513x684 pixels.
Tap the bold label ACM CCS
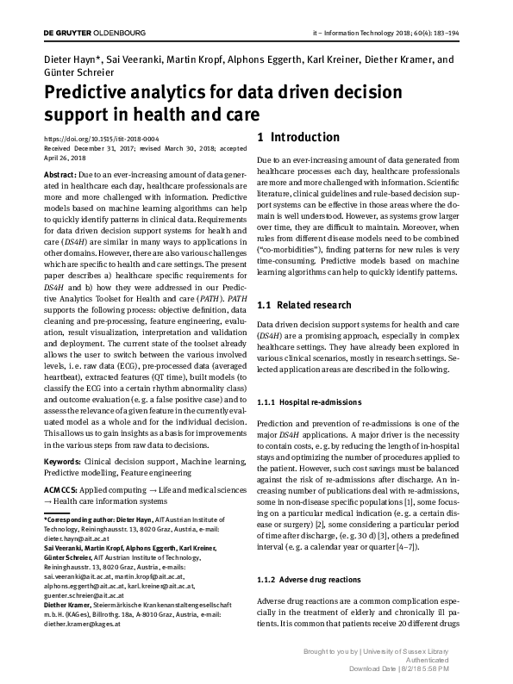pyautogui.click(x=63, y=488)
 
